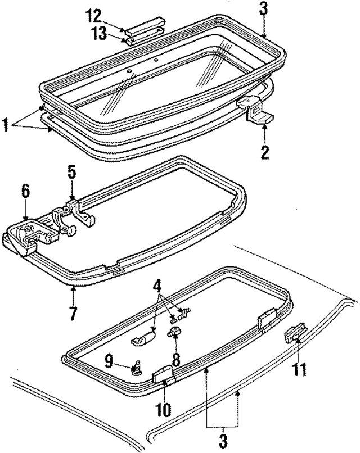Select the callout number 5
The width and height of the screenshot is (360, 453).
point(71,171)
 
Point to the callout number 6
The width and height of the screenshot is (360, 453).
point(25,191)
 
